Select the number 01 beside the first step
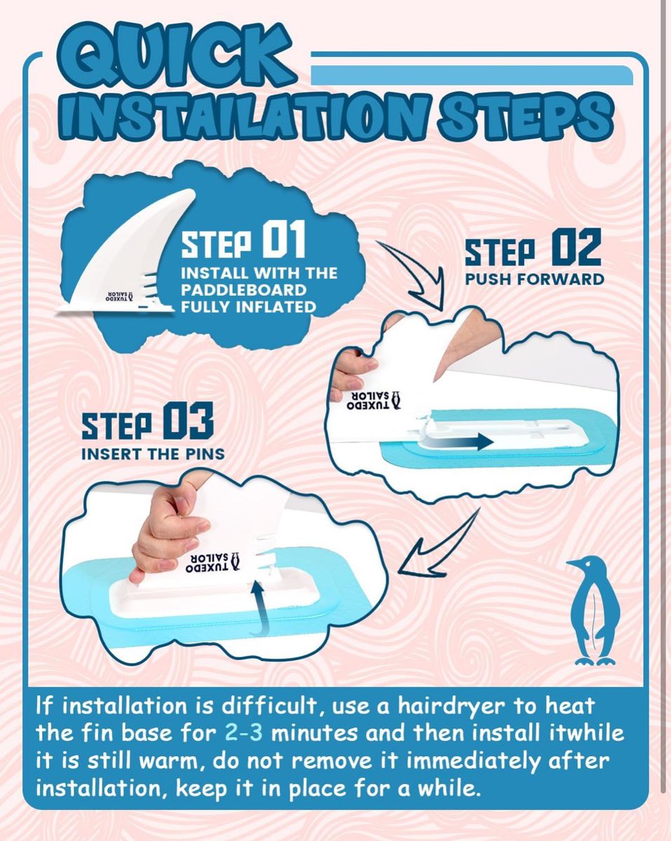[283, 239]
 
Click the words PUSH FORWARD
[534, 280]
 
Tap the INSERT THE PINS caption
[153, 454]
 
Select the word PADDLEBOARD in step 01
[243, 290]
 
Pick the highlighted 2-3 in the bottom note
[243, 733]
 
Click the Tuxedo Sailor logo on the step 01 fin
[120, 297]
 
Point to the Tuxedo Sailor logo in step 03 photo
[212, 563]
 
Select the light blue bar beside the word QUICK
[472, 75]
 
